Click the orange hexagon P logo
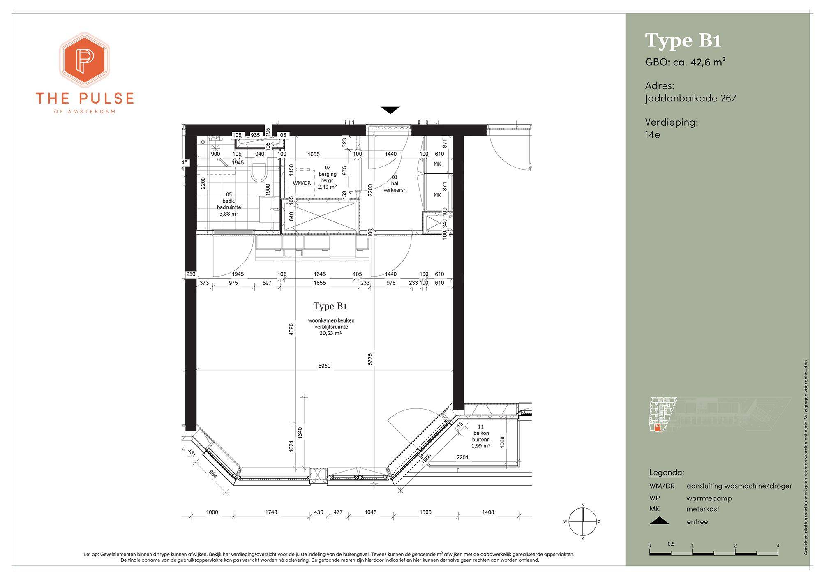point(85,60)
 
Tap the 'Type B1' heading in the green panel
point(683,41)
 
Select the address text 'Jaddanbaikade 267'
point(690,99)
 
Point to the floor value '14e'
point(652,135)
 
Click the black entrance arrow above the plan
point(390,110)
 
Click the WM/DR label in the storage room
point(302,183)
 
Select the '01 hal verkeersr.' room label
point(395,184)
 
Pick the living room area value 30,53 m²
point(331,333)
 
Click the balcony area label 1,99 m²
point(481,446)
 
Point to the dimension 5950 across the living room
point(324,366)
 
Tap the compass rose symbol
point(583,521)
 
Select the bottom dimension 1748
point(271,512)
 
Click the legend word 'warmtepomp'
point(709,498)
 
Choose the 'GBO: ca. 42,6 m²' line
point(685,62)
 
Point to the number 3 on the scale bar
point(778,546)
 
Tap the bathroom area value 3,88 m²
point(229,214)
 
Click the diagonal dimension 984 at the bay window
point(213,473)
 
